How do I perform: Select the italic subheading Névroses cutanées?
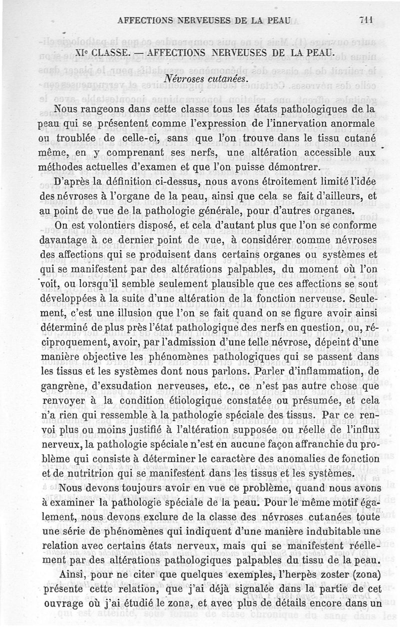tap(203, 79)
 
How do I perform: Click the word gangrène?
tap(60, 386)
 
